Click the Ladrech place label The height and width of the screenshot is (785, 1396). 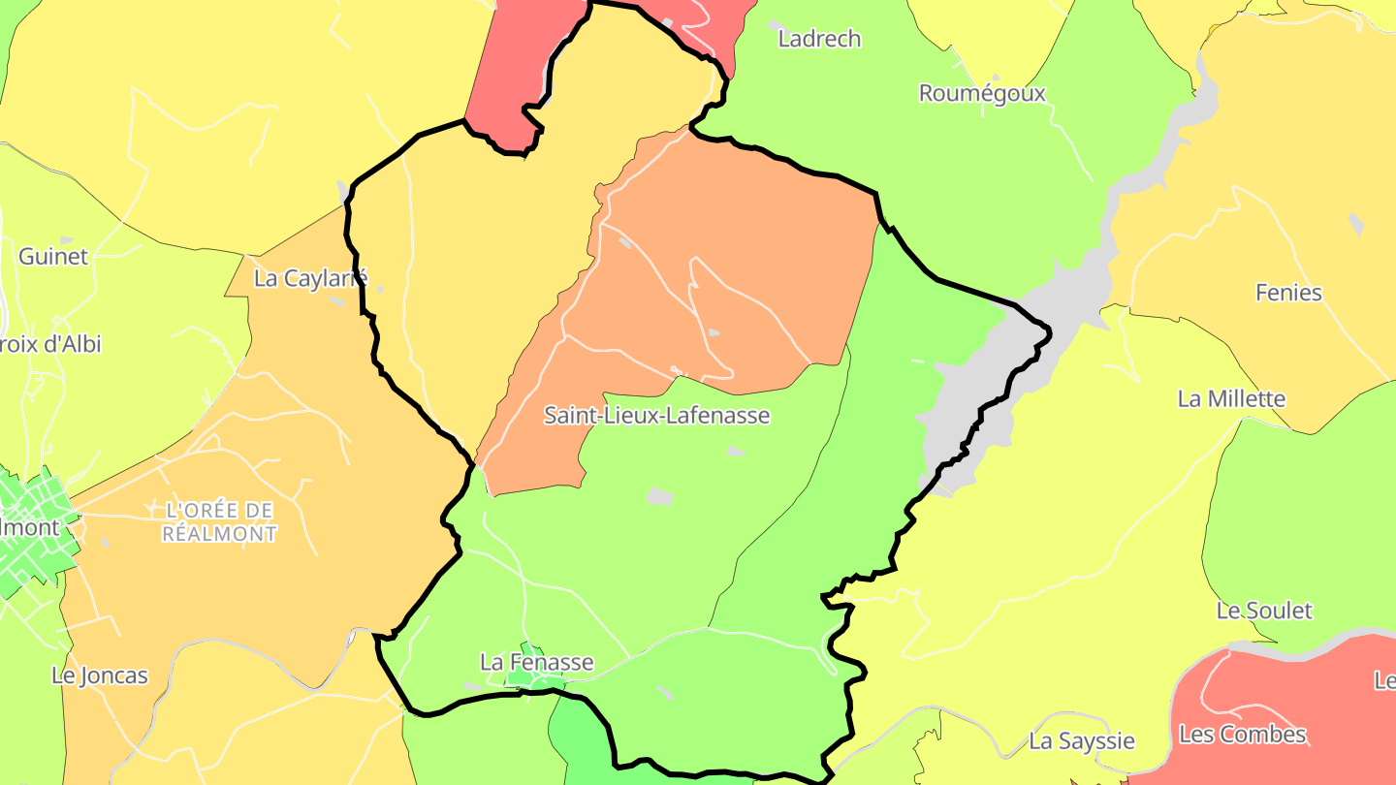click(x=819, y=39)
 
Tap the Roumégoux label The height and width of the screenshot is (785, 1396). click(x=982, y=93)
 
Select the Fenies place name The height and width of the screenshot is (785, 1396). click(x=1288, y=292)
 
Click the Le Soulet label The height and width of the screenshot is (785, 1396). click(x=1263, y=611)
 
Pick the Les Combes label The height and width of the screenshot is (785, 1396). click(x=1242, y=734)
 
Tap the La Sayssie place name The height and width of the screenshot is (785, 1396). click(x=1081, y=741)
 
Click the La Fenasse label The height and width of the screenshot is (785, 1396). click(x=536, y=663)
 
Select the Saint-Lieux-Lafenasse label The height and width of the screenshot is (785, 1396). click(x=656, y=416)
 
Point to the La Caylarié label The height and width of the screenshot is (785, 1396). click(x=310, y=278)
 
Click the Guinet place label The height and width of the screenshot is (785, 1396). click(x=53, y=257)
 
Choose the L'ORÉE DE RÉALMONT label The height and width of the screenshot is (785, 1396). click(x=220, y=521)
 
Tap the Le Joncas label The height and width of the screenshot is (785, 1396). click(x=100, y=675)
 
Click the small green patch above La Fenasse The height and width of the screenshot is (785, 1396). click(x=531, y=649)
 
